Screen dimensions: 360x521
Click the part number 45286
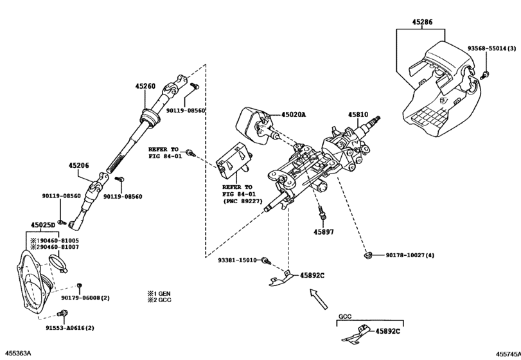(421, 21)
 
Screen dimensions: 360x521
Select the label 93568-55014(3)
(492, 49)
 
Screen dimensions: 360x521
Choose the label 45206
(79, 165)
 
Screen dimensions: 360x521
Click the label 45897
(324, 231)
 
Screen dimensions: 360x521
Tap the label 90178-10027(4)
(410, 256)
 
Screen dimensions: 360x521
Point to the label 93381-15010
(237, 260)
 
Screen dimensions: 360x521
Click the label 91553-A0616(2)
(69, 328)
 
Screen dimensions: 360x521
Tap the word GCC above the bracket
(346, 317)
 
